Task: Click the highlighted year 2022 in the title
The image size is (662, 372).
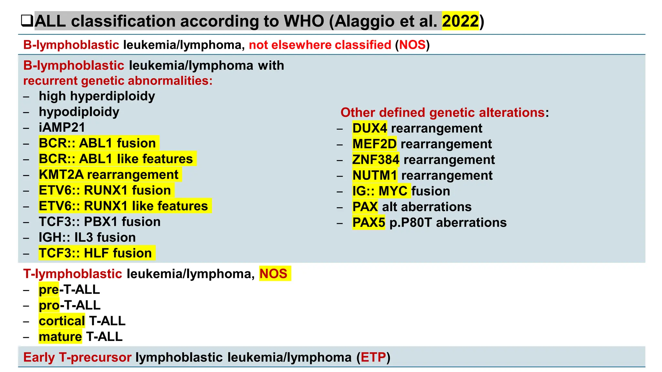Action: tap(460, 21)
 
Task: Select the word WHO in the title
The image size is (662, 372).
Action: tap(304, 21)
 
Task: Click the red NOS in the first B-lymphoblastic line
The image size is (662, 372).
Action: tap(412, 45)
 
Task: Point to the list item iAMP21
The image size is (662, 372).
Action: tap(62, 128)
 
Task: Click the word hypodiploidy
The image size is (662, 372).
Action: tap(79, 112)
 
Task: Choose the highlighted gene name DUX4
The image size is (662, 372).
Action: tap(369, 129)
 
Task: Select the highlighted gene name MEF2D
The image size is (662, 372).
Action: tap(374, 144)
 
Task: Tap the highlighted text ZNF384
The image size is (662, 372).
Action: tap(376, 160)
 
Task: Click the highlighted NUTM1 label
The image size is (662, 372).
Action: tap(375, 176)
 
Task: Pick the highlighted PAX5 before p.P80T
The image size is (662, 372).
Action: tap(368, 223)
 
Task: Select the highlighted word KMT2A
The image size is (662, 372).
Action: tap(61, 175)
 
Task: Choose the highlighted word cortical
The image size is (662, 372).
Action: tap(62, 321)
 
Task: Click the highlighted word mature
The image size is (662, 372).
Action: tap(60, 337)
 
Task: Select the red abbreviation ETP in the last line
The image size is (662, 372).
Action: tap(373, 357)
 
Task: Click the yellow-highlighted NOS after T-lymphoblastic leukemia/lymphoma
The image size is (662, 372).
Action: tap(273, 274)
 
